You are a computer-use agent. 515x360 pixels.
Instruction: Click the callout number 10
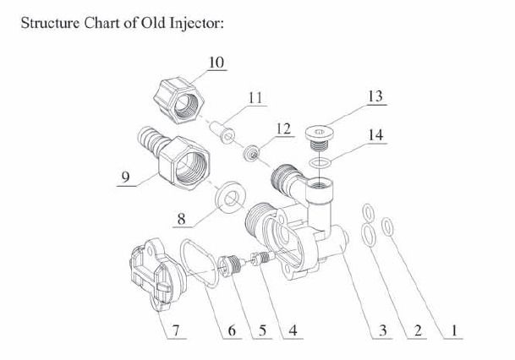tap(217, 63)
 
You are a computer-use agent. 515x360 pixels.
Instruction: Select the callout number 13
tap(375, 98)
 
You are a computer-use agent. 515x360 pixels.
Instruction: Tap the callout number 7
tap(175, 330)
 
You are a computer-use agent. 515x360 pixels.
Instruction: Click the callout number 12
tap(284, 128)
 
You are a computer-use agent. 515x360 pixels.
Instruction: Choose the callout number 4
tap(292, 330)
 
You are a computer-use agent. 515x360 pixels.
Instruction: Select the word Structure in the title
tap(47, 22)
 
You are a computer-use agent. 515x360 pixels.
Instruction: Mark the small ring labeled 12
tap(251, 155)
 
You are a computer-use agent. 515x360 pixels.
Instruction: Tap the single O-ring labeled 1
tap(389, 226)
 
